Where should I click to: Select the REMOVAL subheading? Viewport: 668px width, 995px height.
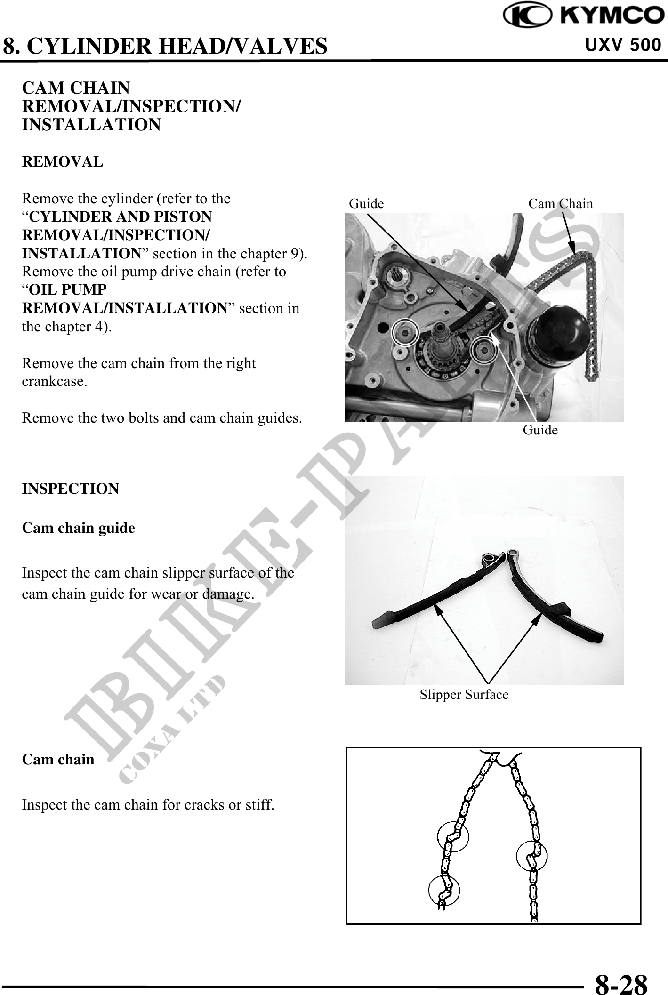pos(62,162)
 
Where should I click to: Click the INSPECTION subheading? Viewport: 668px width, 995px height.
pos(71,489)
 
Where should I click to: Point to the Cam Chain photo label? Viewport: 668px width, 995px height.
pos(560,203)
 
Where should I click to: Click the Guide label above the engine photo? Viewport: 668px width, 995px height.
pos(366,203)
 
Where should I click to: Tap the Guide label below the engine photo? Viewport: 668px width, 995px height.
pos(540,430)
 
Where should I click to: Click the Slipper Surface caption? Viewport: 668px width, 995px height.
pos(464,695)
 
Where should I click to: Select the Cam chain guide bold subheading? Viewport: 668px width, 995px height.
pos(79,528)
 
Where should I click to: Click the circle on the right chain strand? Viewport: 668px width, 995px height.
pos(531,856)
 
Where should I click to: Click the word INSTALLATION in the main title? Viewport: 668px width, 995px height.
pos(91,125)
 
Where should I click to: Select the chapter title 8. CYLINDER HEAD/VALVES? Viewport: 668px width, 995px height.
pos(165,46)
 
